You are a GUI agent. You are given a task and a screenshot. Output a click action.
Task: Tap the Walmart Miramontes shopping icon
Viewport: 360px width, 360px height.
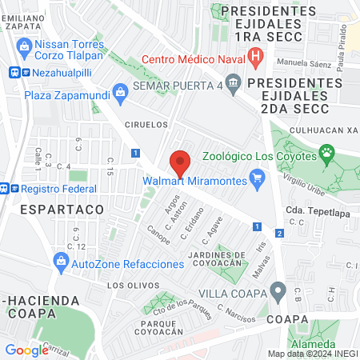click(257, 178)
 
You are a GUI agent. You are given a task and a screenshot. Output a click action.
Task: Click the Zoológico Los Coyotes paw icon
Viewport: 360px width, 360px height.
click(326, 151)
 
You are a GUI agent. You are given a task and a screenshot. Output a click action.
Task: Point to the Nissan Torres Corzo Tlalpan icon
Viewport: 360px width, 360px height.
click(23, 47)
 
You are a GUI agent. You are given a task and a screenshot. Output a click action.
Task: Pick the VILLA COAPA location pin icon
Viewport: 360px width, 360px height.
click(278, 289)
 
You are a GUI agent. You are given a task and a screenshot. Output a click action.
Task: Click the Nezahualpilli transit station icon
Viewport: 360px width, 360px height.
click(14, 71)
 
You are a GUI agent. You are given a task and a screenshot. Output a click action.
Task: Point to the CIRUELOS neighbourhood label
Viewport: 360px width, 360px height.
click(147, 125)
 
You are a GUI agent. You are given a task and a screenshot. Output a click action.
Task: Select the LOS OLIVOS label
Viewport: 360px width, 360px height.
click(127, 285)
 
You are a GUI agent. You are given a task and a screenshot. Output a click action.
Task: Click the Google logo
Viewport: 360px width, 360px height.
click(26, 350)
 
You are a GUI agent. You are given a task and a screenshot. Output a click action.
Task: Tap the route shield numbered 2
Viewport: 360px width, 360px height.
click(279, 233)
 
